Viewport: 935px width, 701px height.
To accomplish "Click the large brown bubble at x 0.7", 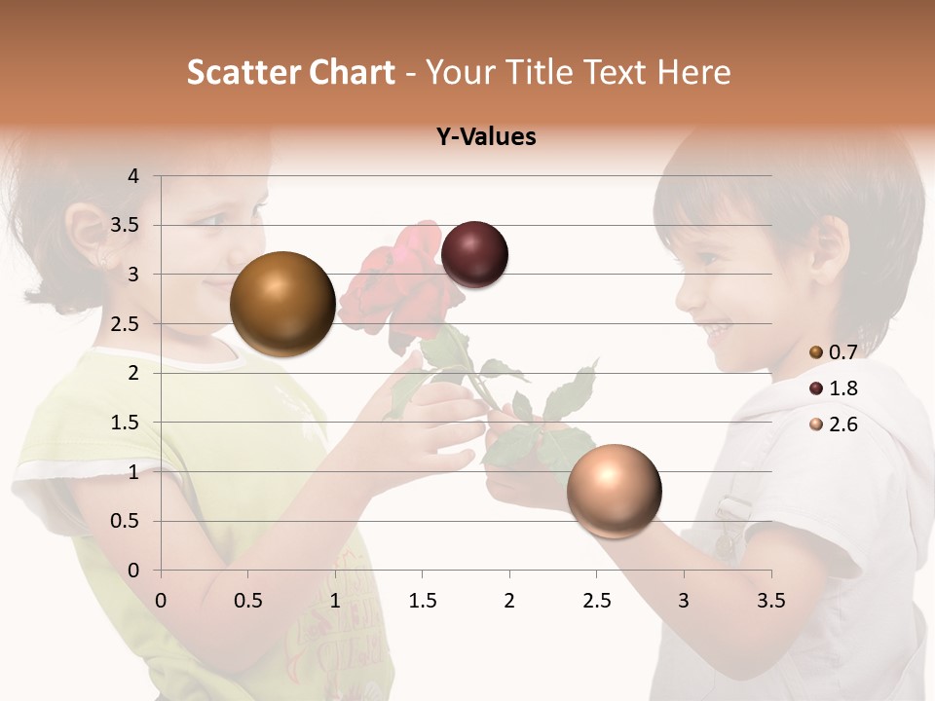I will (282, 304).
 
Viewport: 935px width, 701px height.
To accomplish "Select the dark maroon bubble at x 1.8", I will (474, 255).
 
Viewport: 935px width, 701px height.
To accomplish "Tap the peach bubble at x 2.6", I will (614, 491).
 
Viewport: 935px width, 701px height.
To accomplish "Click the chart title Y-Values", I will (486, 137).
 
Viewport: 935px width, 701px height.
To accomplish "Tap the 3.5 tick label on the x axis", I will (770, 601).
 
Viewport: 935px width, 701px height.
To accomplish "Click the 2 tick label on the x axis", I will (508, 601).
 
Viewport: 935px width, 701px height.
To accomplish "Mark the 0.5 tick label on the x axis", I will (248, 601).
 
